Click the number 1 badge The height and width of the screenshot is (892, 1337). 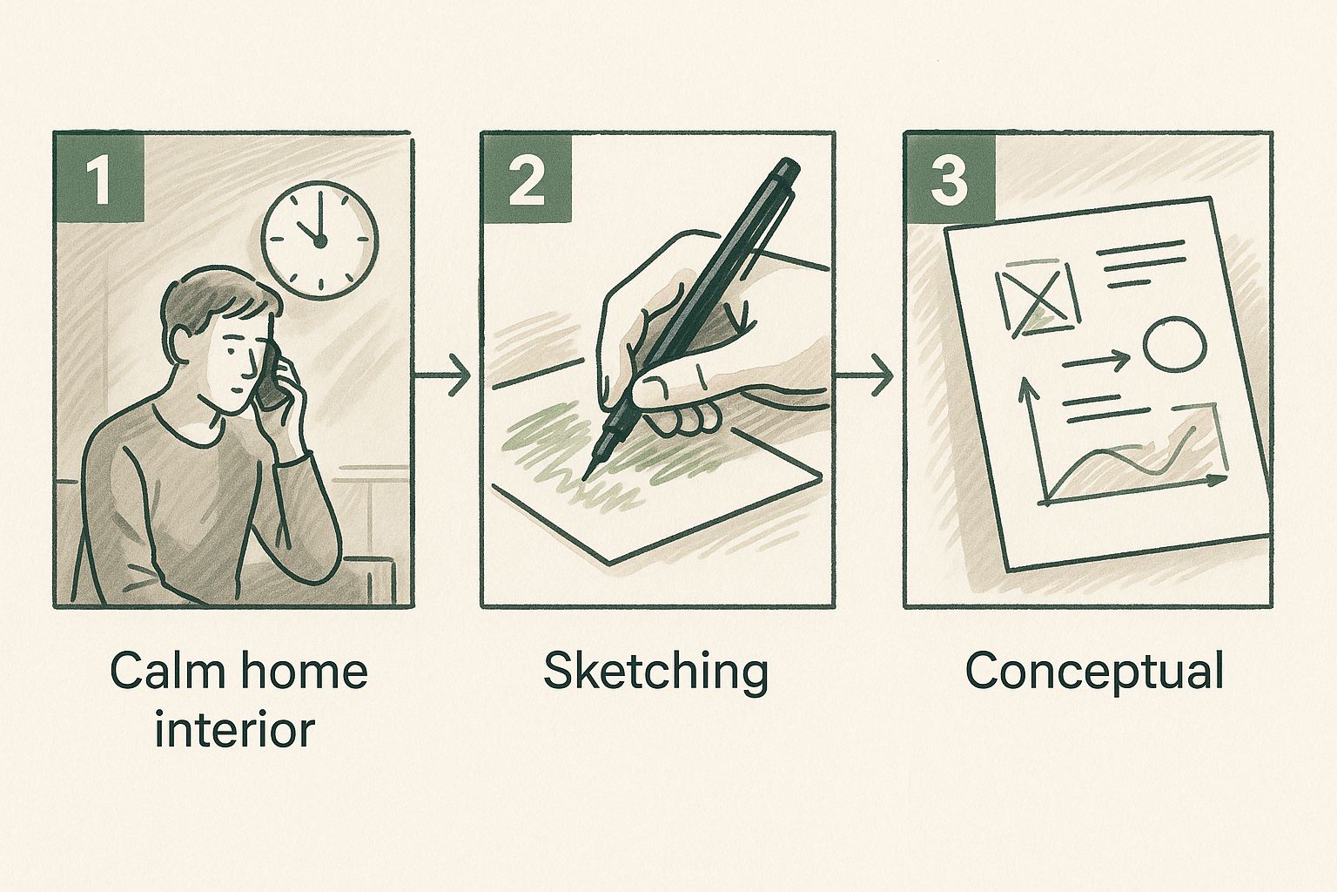pos(100,177)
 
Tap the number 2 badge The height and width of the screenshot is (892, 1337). pos(527,177)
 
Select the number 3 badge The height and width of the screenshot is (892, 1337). pos(950,177)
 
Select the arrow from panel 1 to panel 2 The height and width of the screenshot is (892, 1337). pos(442,375)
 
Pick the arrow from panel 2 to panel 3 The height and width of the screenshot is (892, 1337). pos(863,375)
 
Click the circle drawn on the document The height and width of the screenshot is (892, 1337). pos(1174,345)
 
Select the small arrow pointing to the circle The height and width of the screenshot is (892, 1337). pos(1096,361)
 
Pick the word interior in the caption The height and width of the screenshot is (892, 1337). pos(234,729)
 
